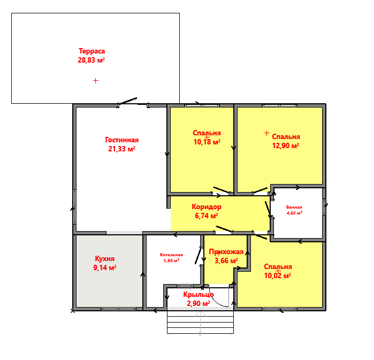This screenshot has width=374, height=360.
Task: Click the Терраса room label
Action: pyautogui.click(x=92, y=51)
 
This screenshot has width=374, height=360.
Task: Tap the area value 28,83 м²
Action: pyautogui.click(x=91, y=60)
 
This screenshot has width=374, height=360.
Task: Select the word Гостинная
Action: pyautogui.click(x=122, y=140)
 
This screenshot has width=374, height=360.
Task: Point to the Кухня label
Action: pyautogui.click(x=105, y=258)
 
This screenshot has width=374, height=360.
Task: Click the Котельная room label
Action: pyautogui.click(x=171, y=255)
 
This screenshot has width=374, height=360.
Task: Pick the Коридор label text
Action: pyautogui.click(x=207, y=206)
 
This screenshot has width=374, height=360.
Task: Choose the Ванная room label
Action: pyautogui.click(x=294, y=207)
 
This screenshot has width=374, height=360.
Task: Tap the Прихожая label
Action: pyautogui.click(x=226, y=252)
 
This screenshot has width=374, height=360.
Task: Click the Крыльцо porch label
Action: pyautogui.click(x=199, y=295)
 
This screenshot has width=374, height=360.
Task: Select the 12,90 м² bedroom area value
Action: pyautogui.click(x=286, y=145)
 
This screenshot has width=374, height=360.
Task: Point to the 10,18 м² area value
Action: pyautogui.click(x=207, y=142)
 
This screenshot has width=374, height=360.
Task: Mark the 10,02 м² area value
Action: pyautogui.click(x=278, y=275)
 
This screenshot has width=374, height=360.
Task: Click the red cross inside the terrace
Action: pyautogui.click(x=96, y=81)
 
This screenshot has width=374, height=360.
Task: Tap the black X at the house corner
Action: pyautogui.click(x=73, y=310)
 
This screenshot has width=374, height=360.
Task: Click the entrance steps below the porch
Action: pyautogui.click(x=200, y=322)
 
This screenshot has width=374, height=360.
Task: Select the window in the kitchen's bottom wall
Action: pyautogui.click(x=119, y=309)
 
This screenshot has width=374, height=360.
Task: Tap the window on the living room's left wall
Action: pyautogui.click(x=75, y=207)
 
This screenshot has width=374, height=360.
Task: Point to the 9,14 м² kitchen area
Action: pyautogui.click(x=105, y=267)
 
